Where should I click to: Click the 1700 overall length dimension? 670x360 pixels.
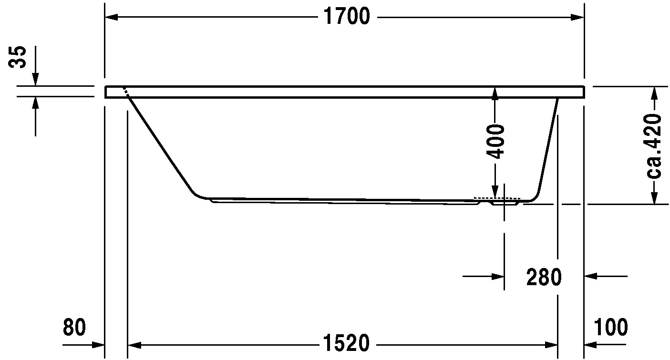coord(347,16)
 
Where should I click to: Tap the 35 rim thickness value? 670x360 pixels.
coord(17,57)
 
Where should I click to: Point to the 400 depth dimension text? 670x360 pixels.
coord(495,142)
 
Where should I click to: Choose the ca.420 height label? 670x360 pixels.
coord(654,146)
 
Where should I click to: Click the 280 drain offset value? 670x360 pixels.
coord(544,277)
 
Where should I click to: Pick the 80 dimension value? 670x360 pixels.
coord(74,327)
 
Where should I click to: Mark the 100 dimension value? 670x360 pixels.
coord(611,327)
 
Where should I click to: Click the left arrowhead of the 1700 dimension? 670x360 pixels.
coord(111,17)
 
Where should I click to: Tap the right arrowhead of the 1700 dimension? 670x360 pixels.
coord(577,17)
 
